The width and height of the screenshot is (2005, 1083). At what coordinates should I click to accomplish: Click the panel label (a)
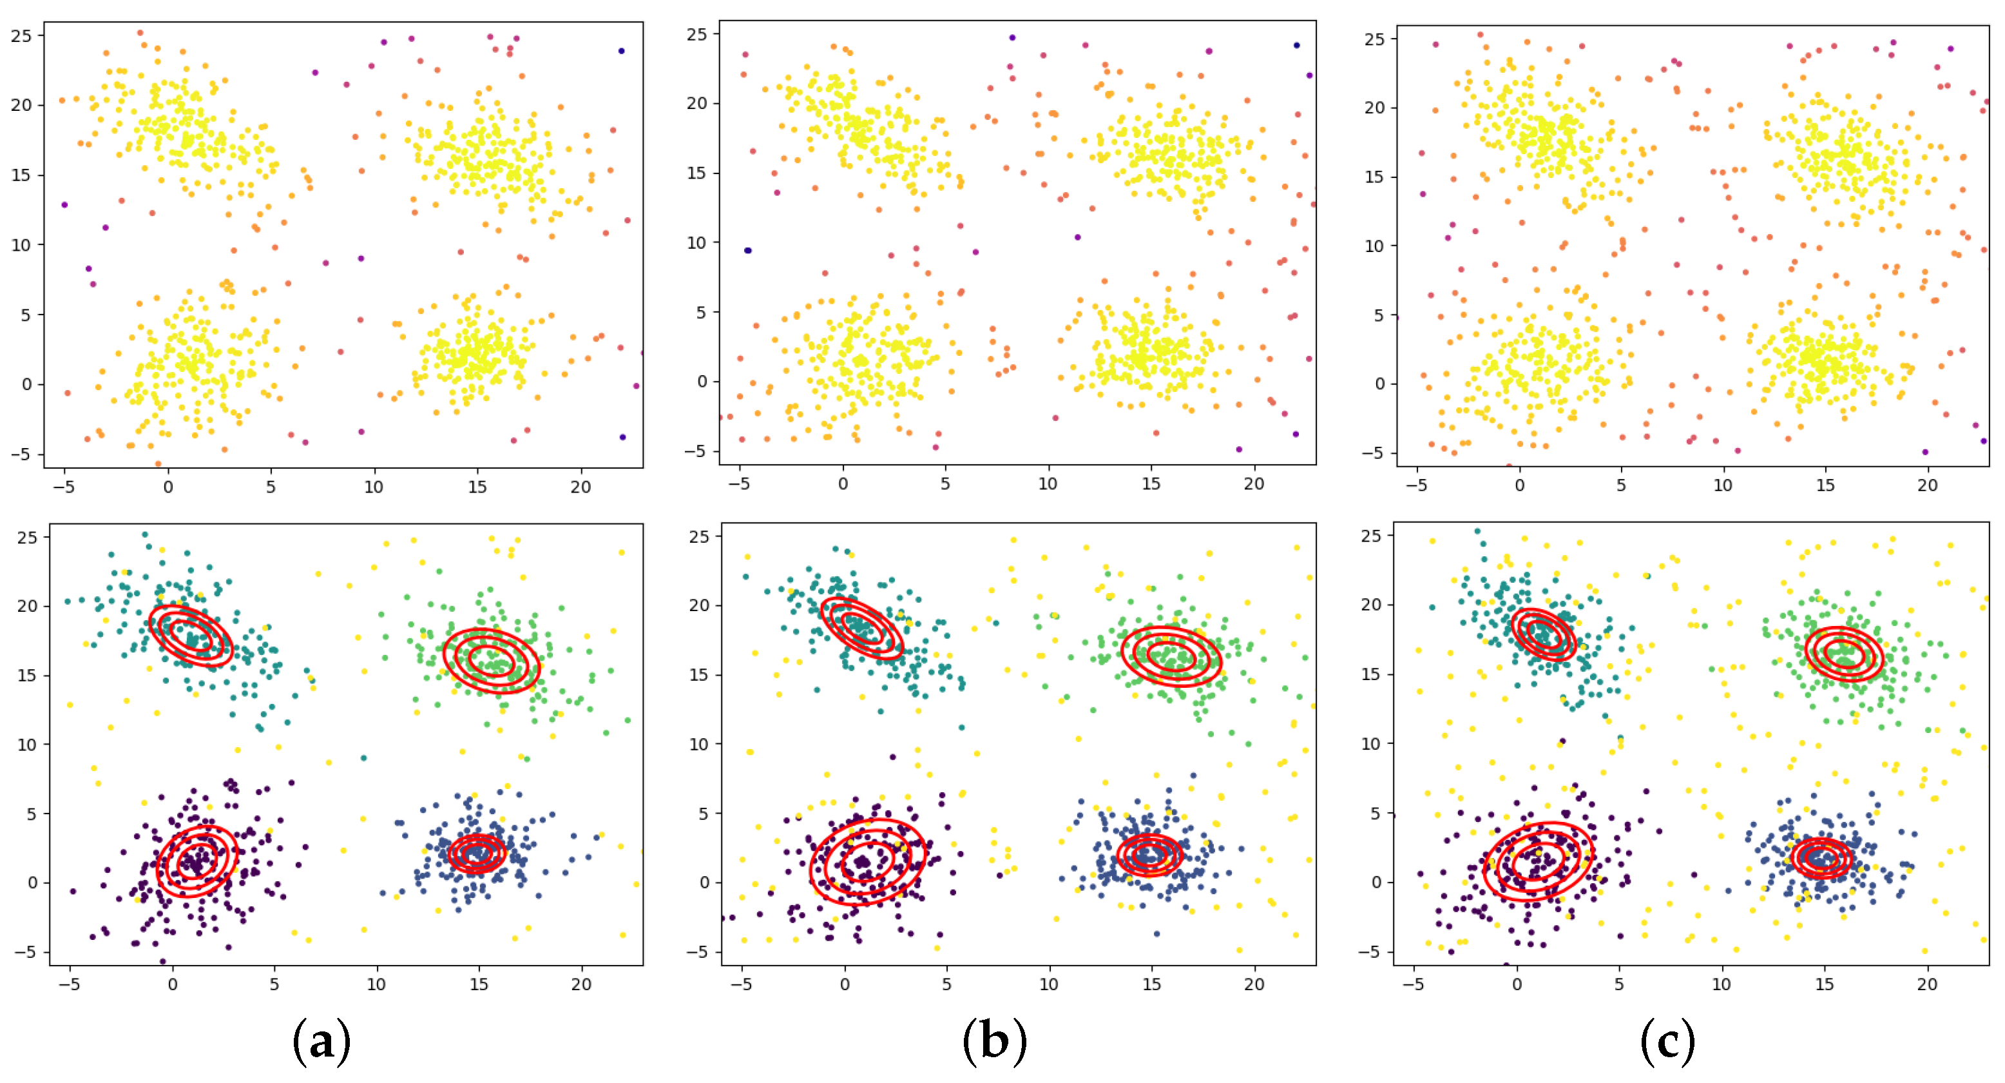click(x=321, y=1040)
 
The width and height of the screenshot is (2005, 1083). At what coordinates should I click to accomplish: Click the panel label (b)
click(x=994, y=1040)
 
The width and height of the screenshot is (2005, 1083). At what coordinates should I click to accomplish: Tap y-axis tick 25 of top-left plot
click(x=22, y=36)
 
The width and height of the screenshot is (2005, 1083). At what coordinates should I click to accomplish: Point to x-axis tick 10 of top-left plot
click(x=374, y=487)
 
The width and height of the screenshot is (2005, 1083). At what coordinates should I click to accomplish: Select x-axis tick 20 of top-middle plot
click(x=1253, y=483)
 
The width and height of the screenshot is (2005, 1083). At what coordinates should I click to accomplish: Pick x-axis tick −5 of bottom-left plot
click(x=70, y=984)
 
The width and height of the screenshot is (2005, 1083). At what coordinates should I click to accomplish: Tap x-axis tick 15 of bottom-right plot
click(x=1824, y=984)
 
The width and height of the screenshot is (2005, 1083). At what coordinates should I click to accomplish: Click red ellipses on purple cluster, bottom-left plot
click(x=197, y=861)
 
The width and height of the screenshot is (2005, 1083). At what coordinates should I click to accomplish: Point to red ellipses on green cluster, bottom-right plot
click(x=1844, y=654)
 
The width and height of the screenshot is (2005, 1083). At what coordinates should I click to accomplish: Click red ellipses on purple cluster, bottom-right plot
click(x=1538, y=861)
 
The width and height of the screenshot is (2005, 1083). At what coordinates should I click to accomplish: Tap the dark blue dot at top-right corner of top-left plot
click(x=621, y=52)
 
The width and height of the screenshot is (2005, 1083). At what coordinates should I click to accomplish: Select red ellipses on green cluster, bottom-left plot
click(x=491, y=660)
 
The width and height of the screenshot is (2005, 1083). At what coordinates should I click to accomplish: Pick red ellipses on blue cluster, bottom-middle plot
click(x=1149, y=855)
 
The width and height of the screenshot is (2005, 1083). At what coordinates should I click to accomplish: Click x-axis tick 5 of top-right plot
click(x=1621, y=485)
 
